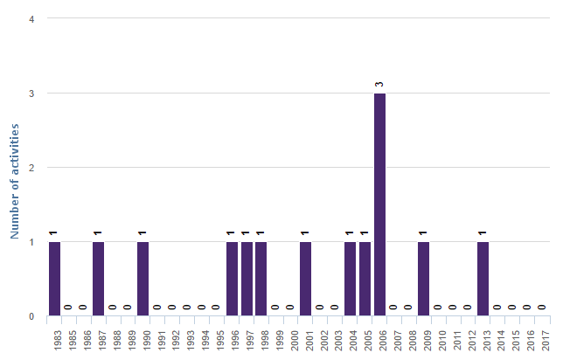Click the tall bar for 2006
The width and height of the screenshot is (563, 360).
(x=379, y=204)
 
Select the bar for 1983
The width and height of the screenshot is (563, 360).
(x=54, y=279)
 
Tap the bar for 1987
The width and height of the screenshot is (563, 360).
(x=98, y=279)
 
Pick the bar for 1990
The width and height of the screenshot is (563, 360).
(x=142, y=279)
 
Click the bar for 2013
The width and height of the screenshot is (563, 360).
(x=483, y=279)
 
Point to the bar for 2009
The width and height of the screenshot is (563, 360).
(x=423, y=279)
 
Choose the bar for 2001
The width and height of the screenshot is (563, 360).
(x=305, y=279)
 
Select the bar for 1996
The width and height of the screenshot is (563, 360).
(x=232, y=279)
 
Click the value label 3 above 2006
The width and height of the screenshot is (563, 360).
(x=379, y=85)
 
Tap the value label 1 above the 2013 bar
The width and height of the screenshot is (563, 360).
(x=483, y=233)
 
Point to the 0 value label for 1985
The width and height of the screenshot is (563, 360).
(x=69, y=308)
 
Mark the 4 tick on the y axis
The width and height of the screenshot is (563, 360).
(x=31, y=18)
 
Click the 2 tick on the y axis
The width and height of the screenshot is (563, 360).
(x=31, y=168)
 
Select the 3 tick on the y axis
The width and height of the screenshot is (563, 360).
(x=31, y=93)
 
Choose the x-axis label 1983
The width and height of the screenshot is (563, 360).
(x=54, y=338)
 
